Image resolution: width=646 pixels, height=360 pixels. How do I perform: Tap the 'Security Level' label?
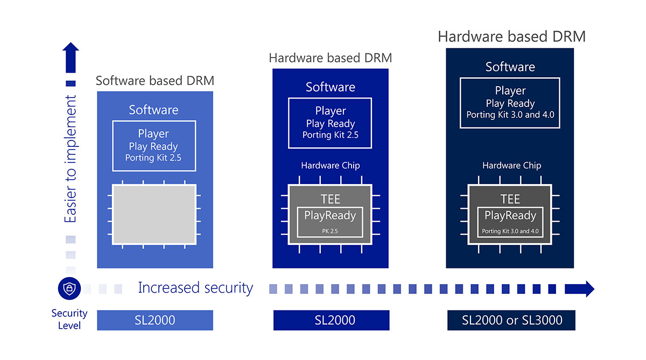69,319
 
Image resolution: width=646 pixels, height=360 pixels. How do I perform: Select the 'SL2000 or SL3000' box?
511,320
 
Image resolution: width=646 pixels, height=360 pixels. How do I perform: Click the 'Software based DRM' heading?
155,81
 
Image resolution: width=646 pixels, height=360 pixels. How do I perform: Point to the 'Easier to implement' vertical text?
71,159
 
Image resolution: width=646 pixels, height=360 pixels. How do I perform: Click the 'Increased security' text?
195,288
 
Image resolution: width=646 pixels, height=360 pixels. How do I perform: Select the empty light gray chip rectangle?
155,214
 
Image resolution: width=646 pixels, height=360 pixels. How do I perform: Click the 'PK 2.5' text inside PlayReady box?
330,232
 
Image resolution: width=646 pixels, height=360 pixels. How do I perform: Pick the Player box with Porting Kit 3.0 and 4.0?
510,103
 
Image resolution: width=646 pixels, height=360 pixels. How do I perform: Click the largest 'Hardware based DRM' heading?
511,37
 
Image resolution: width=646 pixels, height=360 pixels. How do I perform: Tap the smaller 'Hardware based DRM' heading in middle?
330,58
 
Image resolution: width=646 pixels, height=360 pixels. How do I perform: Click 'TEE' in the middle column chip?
330,199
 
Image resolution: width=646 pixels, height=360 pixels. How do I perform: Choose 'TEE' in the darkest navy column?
510,199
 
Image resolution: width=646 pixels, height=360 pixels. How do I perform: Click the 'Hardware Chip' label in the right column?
511,166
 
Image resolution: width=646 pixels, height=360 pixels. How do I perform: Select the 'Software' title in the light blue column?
153,110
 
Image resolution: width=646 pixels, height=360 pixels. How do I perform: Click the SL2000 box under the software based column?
155,320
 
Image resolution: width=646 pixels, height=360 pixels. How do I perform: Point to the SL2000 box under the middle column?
331,320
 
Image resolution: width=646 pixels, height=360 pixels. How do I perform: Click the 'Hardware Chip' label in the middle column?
330,166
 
